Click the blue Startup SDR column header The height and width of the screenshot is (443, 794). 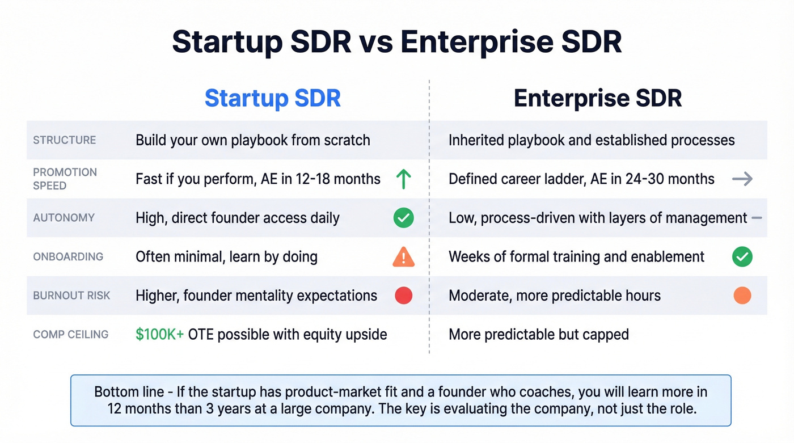click(272, 98)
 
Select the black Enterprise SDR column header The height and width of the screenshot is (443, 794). click(597, 98)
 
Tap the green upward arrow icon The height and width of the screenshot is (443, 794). click(403, 179)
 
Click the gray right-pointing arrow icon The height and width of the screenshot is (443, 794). click(742, 179)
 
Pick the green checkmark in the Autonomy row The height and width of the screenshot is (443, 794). click(403, 218)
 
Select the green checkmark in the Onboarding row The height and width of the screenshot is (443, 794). click(742, 256)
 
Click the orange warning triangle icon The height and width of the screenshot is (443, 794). click(403, 257)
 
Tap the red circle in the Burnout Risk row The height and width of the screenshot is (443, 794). click(403, 296)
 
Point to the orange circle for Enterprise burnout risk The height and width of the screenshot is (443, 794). click(742, 296)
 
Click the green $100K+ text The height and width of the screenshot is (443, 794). click(159, 334)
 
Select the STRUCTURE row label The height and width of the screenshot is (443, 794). click(64, 140)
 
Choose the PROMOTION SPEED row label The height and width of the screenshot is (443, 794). click(65, 179)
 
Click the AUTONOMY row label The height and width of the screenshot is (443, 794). click(64, 218)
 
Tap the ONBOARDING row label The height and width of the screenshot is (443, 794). click(68, 256)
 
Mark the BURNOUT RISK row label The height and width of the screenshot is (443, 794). click(71, 296)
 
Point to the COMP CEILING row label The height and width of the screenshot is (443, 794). click(70, 334)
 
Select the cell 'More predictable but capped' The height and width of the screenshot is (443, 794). click(538, 334)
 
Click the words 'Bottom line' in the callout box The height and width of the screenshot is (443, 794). click(124, 392)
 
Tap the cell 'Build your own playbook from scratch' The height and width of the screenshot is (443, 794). click(252, 140)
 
